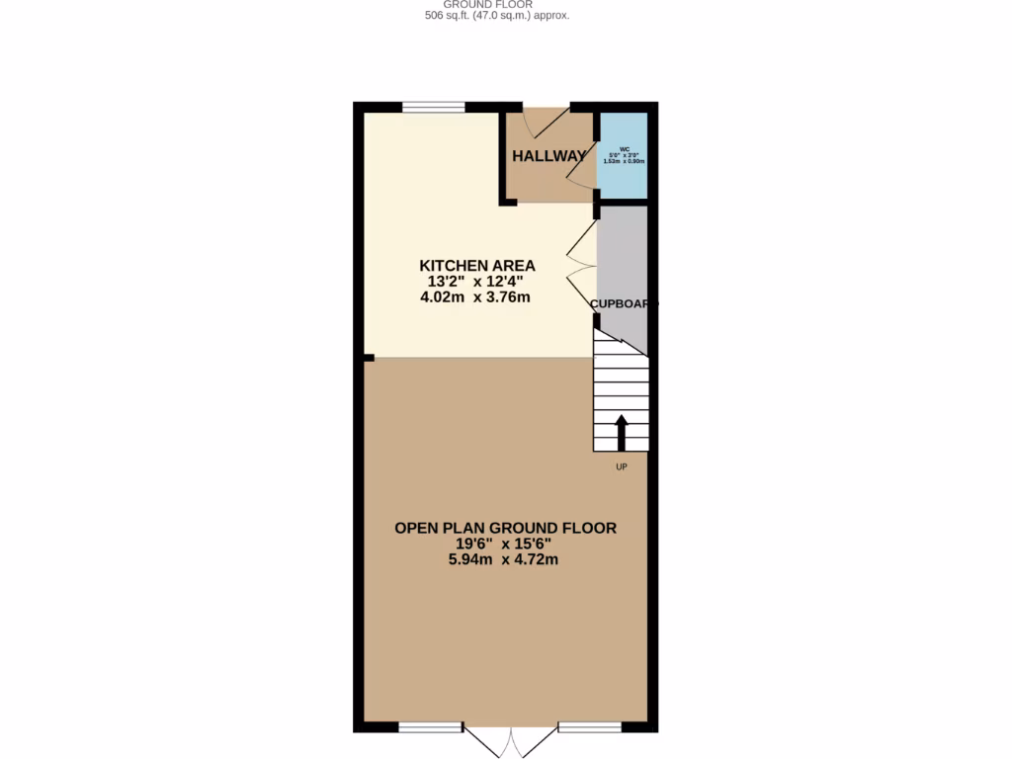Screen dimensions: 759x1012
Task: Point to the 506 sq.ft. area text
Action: (x=496, y=16)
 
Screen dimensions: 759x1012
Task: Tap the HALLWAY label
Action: (x=548, y=156)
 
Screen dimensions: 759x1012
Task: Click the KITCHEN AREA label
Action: (x=477, y=266)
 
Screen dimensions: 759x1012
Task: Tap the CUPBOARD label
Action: (x=623, y=304)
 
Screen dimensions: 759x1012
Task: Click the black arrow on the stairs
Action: (x=622, y=433)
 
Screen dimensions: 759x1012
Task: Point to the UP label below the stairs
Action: (x=622, y=466)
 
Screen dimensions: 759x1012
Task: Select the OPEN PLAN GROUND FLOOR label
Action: (x=505, y=529)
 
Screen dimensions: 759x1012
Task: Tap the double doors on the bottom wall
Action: (x=511, y=741)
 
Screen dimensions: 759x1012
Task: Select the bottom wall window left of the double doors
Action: (x=431, y=728)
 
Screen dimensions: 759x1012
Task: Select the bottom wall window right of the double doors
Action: (x=590, y=728)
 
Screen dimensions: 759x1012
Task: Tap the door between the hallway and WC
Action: (x=583, y=164)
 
